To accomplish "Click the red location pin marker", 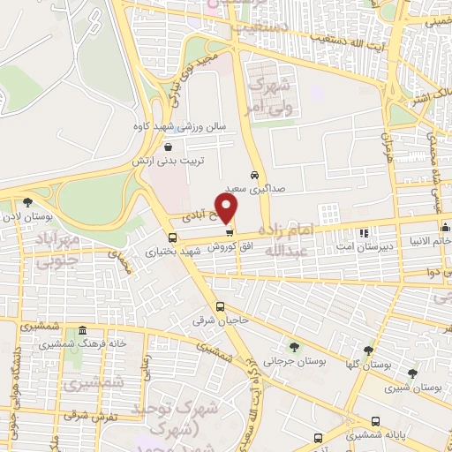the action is pos(227,207).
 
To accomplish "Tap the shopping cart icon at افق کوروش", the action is pos(230,233).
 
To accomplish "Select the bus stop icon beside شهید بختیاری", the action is pos(172,237).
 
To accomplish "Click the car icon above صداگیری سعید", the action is pos(255,174).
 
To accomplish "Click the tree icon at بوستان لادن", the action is pos(27,201).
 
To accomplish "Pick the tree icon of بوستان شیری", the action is pos(411,373).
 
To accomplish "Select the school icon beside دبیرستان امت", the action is pos(364,233).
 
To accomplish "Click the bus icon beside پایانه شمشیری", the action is pos(319,437).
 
